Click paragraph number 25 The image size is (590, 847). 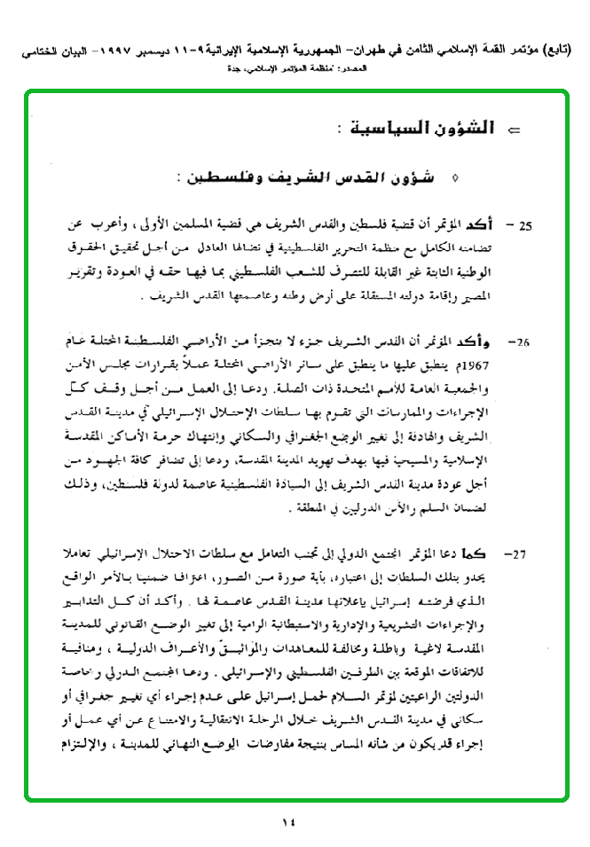point(525,226)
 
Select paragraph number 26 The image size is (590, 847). point(523,341)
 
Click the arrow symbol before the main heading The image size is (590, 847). point(512,132)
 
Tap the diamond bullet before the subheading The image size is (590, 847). point(455,178)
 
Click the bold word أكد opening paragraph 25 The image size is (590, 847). point(497,225)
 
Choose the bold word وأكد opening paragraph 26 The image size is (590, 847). point(492,341)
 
